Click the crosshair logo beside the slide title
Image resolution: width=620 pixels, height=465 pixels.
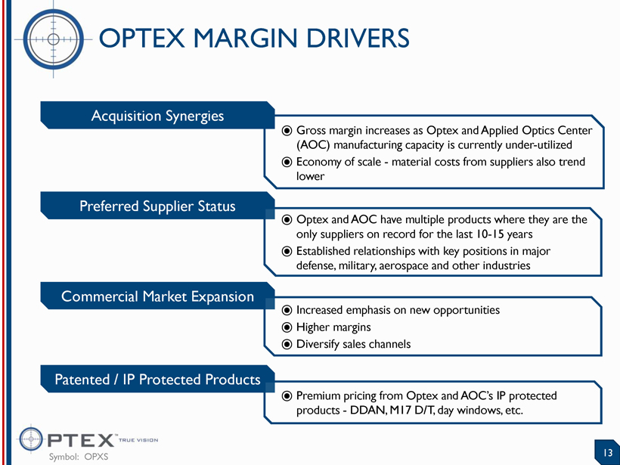pyautogui.click(x=54, y=39)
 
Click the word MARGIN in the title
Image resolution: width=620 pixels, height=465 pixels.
pyautogui.click(x=246, y=39)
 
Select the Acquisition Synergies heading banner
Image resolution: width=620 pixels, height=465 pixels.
pyautogui.click(x=157, y=116)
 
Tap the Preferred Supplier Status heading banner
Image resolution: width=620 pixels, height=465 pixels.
pyautogui.click(x=157, y=206)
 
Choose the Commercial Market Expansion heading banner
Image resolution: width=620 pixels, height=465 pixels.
pyautogui.click(x=157, y=296)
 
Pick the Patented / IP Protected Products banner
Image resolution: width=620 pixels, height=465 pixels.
pyautogui.click(x=157, y=380)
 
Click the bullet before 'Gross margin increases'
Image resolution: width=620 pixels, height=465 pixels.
pyautogui.click(x=287, y=131)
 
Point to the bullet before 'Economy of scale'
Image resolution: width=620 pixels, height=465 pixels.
pyautogui.click(x=287, y=162)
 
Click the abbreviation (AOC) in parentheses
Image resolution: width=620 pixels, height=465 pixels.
pyautogui.click(x=313, y=145)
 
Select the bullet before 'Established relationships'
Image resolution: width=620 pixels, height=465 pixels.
pyautogui.click(x=287, y=252)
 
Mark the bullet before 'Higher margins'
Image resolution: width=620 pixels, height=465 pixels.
pyautogui.click(x=287, y=327)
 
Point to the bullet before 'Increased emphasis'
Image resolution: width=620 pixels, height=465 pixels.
pyautogui.click(x=287, y=311)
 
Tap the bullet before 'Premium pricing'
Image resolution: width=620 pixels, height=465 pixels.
pyautogui.click(x=287, y=395)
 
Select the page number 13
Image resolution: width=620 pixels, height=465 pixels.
pyautogui.click(x=608, y=453)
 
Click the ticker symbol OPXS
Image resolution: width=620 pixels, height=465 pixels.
pyautogui.click(x=96, y=457)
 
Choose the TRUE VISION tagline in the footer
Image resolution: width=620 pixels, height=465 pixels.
pyautogui.click(x=138, y=440)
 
